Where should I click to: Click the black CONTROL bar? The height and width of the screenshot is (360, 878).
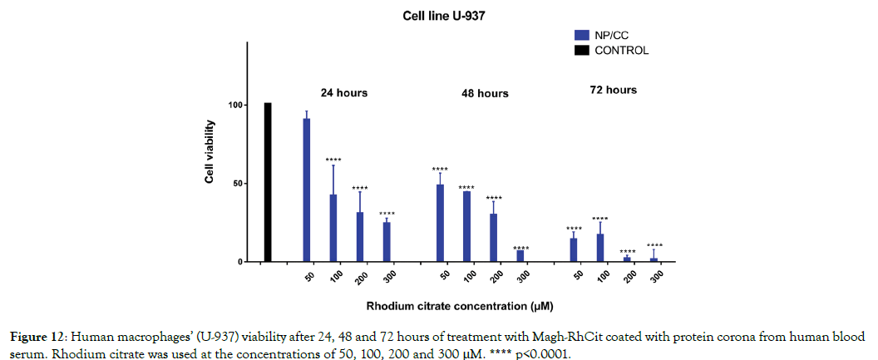click(268, 183)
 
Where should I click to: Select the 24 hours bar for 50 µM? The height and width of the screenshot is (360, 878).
click(307, 190)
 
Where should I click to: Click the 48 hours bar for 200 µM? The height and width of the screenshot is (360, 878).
click(493, 238)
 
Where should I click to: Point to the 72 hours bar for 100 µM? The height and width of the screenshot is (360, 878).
click(600, 248)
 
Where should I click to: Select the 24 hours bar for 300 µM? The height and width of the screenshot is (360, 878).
click(387, 242)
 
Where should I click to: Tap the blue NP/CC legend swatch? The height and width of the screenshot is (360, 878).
click(582, 35)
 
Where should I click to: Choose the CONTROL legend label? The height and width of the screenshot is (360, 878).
click(621, 50)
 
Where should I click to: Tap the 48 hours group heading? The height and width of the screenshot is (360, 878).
click(485, 93)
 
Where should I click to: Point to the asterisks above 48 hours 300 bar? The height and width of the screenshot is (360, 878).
click(520, 248)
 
